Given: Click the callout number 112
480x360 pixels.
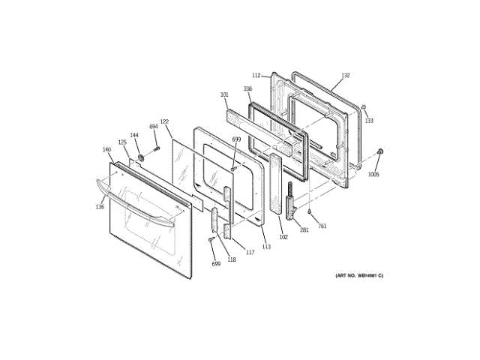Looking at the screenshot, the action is [256, 76].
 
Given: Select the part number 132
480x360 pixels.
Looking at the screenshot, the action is [345, 76].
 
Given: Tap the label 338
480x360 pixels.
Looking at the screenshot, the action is [247, 88].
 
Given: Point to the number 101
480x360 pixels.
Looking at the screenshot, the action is [224, 94].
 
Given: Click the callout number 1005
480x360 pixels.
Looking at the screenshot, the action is [373, 174].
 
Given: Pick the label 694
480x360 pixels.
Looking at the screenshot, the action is [153, 126].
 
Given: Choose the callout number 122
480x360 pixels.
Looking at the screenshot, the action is [164, 121].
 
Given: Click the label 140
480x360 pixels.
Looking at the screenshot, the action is [106, 149].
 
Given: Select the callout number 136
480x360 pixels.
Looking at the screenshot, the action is [100, 207].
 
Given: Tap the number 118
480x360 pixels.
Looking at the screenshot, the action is [232, 259].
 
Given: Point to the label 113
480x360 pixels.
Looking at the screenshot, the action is [266, 246].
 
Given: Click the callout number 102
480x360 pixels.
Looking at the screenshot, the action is [283, 237].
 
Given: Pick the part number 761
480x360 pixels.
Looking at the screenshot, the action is [322, 226].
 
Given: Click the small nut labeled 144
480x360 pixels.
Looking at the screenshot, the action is [139, 159].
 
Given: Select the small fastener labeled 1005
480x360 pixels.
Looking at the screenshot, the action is [380, 153].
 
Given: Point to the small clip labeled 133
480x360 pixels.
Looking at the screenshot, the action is [363, 108].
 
